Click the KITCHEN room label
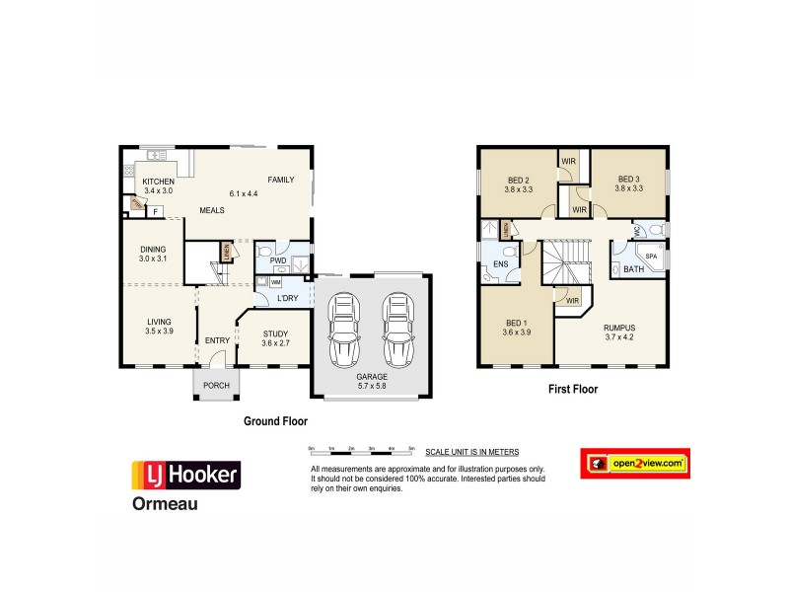pos(158,182)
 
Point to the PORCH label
pos(216,386)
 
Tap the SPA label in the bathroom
pos(650,256)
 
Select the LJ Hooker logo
pos(186,476)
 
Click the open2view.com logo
pos(634,463)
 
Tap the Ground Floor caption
pos(276,420)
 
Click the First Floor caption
pos(573,389)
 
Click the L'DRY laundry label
pos(288,299)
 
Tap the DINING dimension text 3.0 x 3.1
pos(153,259)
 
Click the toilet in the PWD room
pos(264,255)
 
